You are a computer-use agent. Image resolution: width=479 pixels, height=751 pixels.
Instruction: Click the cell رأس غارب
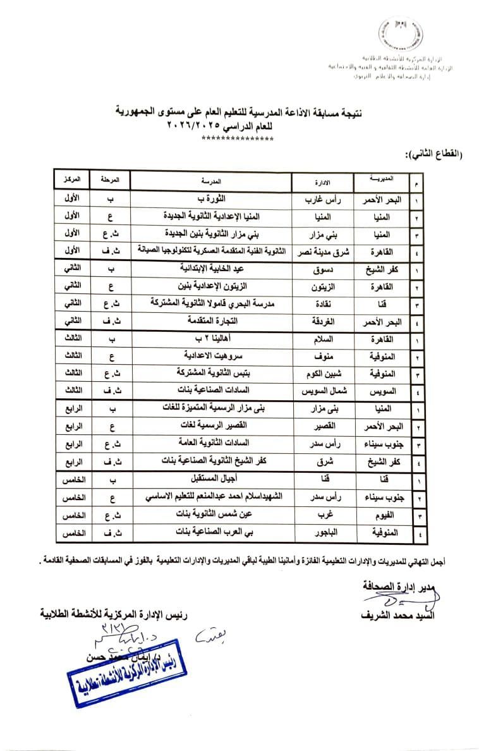coord(324,200)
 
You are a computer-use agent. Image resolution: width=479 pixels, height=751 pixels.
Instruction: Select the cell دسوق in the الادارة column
coord(324,269)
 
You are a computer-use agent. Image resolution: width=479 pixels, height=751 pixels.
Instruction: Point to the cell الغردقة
coord(324,321)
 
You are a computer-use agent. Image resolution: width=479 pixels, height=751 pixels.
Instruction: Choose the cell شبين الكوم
coord(324,372)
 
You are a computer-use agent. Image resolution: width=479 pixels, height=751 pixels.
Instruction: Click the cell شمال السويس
coord(324,389)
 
